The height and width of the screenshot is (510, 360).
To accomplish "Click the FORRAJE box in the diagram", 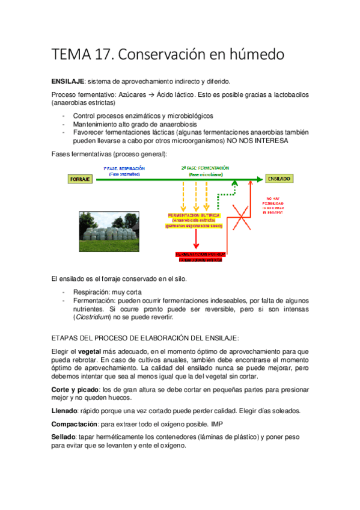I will click(x=80, y=179).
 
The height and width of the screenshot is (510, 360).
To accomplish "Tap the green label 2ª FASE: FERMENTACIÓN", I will click(x=205, y=168).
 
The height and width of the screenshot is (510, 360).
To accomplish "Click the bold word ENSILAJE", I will click(x=69, y=81).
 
